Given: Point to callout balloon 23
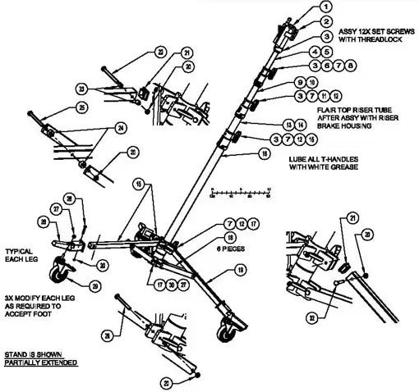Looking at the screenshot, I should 104,88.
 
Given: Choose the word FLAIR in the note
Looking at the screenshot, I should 330,107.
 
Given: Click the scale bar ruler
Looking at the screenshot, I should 241,190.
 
